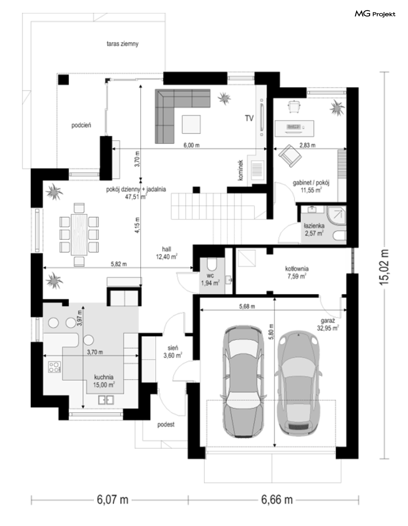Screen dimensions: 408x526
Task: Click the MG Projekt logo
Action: [375, 14]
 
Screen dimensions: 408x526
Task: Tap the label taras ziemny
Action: [122, 44]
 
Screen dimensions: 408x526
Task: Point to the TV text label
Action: [249, 118]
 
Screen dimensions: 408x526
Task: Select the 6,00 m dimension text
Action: [192, 145]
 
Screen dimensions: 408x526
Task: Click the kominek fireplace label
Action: [241, 170]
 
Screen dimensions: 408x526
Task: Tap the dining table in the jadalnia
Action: [79, 235]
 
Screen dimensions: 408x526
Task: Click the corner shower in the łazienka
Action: [337, 216]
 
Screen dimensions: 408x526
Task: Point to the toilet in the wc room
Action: [212, 264]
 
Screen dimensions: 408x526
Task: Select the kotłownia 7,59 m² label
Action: [297, 272]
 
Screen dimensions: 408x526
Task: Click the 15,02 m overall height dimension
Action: [384, 266]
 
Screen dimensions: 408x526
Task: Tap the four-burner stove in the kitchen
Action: [54, 367]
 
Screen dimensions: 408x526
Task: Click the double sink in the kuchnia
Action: [106, 400]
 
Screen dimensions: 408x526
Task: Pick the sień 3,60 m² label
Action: [173, 352]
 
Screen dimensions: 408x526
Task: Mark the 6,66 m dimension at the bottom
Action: [277, 500]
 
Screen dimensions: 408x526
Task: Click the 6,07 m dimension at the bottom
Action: [113, 500]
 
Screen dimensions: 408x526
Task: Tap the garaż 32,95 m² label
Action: [328, 325]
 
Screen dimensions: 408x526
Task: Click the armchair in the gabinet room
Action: [290, 156]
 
